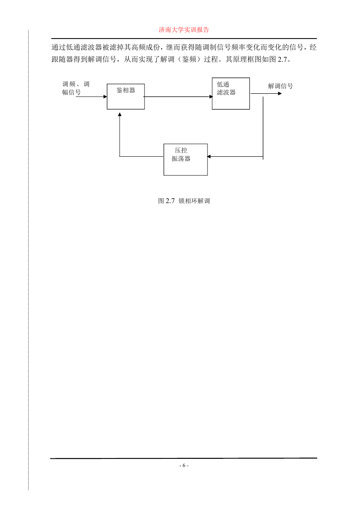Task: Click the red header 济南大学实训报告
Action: (184, 30)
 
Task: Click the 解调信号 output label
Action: (280, 86)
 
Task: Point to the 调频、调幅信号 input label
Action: (76, 88)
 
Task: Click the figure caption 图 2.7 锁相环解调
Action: (184, 201)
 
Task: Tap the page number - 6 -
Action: (184, 465)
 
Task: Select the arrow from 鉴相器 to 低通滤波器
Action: (178, 97)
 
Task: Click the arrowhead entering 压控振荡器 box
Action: (209, 156)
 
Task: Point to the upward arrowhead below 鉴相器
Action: (120, 114)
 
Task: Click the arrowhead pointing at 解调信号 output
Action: (280, 93)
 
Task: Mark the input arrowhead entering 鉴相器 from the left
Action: (105, 97)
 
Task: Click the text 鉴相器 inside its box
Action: (126, 90)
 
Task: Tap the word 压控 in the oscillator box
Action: (181, 150)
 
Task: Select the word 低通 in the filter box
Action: (223, 84)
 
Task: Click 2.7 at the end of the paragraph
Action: (282, 59)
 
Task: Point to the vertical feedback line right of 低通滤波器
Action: (263, 128)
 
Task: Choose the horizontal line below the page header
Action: (184, 39)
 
